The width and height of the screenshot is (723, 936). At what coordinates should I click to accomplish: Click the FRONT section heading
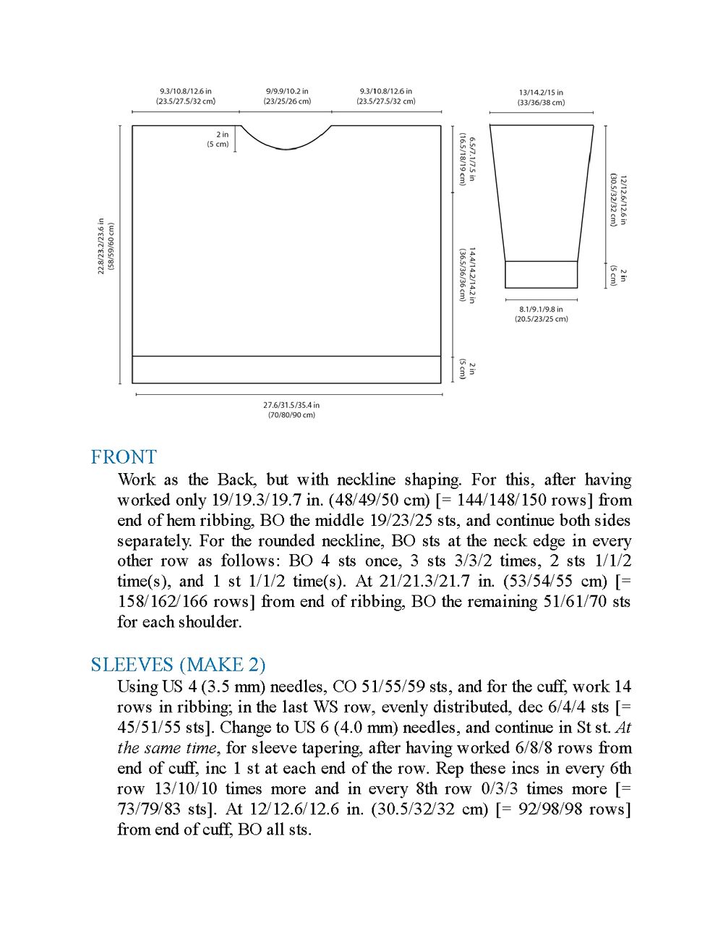pyautogui.click(x=124, y=457)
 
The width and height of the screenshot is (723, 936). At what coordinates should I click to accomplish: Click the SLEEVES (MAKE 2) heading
pyautogui.click(x=178, y=664)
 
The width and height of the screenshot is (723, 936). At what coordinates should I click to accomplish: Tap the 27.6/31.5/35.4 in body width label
pyautogui.click(x=291, y=406)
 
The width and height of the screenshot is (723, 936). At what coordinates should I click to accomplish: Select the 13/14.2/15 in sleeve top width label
pyautogui.click(x=541, y=93)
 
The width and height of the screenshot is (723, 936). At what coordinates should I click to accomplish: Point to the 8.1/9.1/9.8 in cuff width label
pyautogui.click(x=541, y=310)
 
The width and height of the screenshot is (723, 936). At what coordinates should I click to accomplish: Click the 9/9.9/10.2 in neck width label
pyautogui.click(x=287, y=91)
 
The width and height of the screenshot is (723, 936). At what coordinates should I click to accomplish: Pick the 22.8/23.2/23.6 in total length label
pyautogui.click(x=101, y=247)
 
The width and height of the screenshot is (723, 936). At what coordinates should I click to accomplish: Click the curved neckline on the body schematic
pyautogui.click(x=286, y=147)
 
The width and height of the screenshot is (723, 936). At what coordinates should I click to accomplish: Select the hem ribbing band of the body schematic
pyautogui.click(x=286, y=369)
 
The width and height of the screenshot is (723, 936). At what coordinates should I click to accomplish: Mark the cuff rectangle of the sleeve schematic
pyautogui.click(x=541, y=274)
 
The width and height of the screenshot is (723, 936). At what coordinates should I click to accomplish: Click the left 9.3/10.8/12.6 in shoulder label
pyautogui.click(x=186, y=91)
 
